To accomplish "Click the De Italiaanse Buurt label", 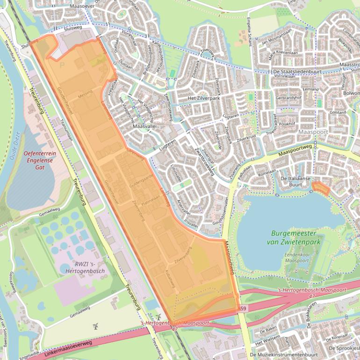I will [297, 181].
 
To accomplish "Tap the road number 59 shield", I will [243, 309].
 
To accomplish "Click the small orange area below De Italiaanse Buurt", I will [320, 188].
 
